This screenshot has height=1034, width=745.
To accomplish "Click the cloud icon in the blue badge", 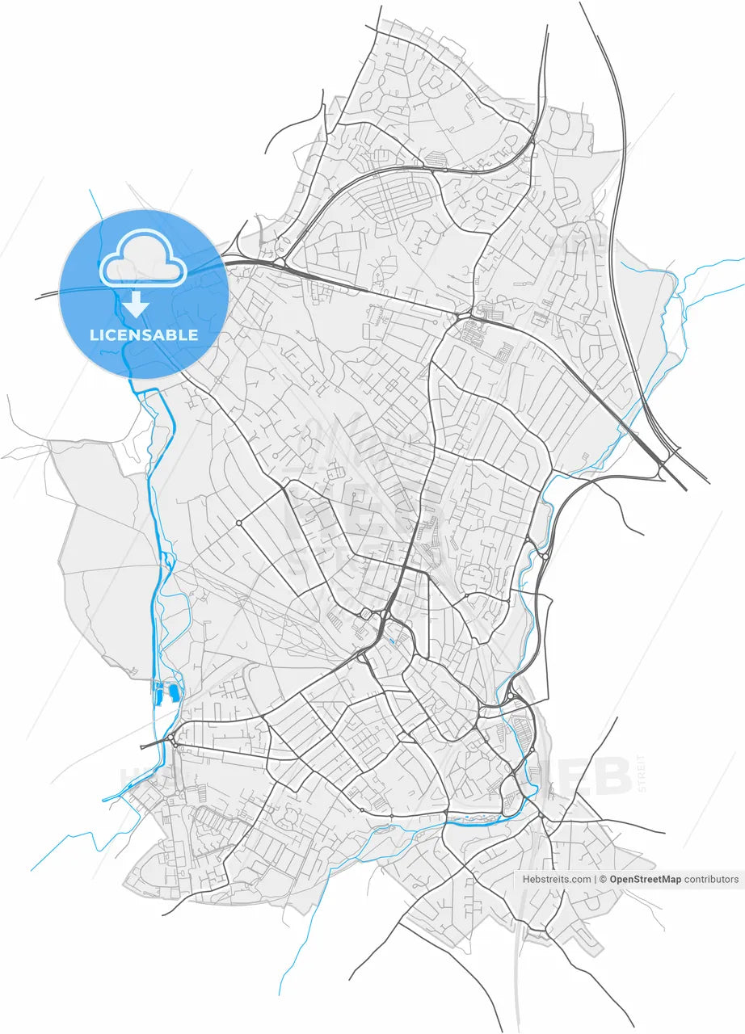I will (x=143, y=258).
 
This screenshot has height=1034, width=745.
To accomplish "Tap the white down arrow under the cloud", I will (x=136, y=305).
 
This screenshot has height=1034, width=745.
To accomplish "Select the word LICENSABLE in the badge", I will (x=144, y=334).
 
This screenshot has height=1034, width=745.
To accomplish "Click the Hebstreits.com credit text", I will (x=557, y=879).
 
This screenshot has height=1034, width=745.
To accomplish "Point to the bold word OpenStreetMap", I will (x=645, y=879).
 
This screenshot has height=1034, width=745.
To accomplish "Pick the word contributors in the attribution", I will (x=711, y=879).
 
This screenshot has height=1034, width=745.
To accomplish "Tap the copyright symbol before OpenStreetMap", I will (x=603, y=879).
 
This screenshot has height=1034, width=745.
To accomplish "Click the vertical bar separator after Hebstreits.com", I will (x=595, y=879).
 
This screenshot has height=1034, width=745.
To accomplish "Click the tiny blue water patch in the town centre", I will (x=391, y=641).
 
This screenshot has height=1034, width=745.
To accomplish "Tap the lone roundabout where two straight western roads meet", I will (x=239, y=523).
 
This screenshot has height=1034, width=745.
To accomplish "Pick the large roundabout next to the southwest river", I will (x=173, y=738).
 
